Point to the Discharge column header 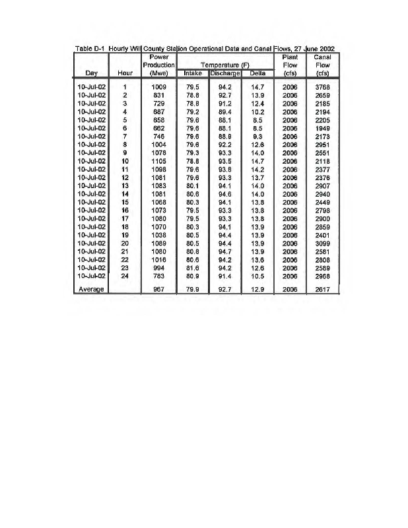tap(224, 74)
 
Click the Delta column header tap(257, 74)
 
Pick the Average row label tap(88, 289)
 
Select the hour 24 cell tap(124, 276)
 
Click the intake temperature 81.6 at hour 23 tap(193, 268)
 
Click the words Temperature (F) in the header tap(225, 65)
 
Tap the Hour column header tap(124, 74)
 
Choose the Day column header tap(88, 74)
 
